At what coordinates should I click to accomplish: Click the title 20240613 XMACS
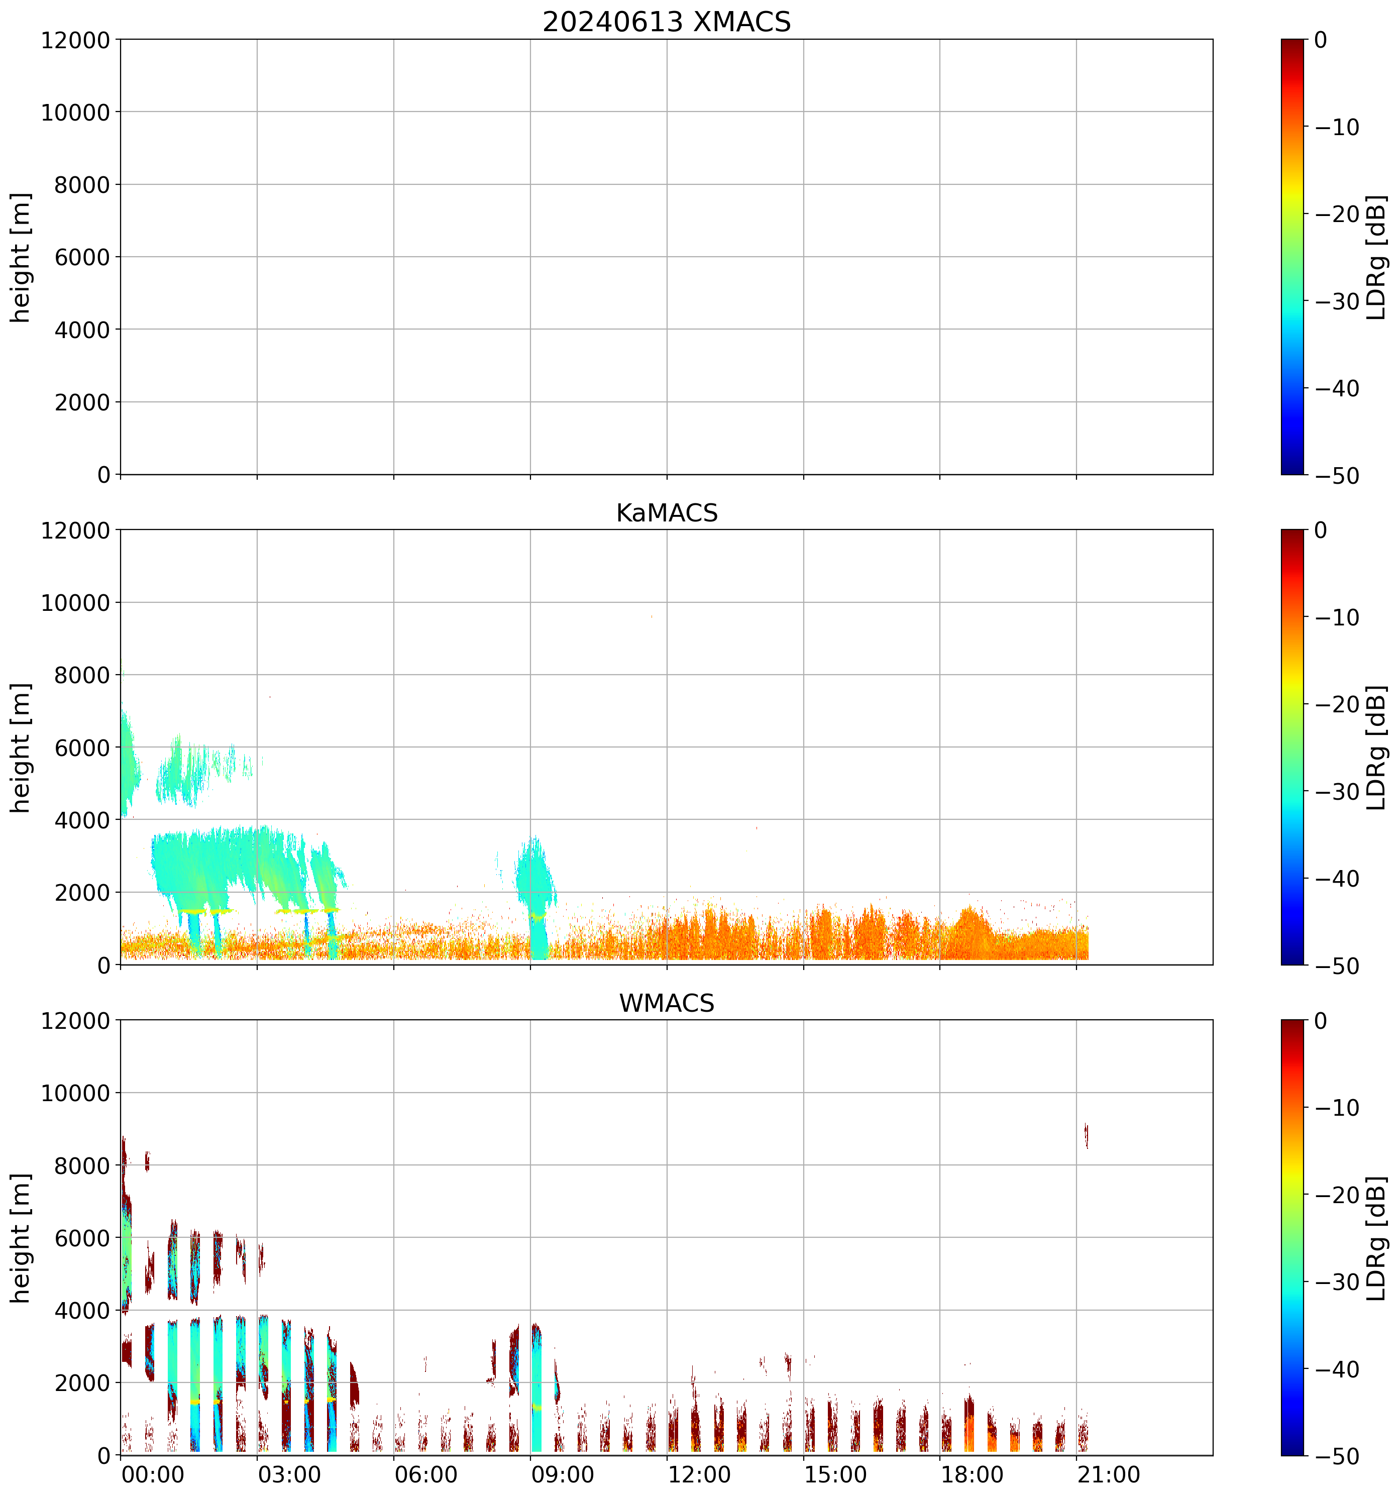[667, 22]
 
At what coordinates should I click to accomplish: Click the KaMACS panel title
[667, 513]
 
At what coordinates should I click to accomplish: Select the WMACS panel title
[667, 1003]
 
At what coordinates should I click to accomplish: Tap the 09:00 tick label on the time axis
[563, 1474]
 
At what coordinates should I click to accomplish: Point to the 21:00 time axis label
[1109, 1474]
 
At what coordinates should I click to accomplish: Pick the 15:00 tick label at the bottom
[835, 1474]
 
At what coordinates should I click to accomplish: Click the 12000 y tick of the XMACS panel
[75, 40]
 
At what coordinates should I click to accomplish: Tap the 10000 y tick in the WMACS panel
[75, 1093]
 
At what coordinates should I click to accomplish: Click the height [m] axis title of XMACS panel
[20, 258]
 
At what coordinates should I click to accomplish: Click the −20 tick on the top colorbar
[1338, 214]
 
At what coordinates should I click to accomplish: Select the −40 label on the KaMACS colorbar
[1338, 879]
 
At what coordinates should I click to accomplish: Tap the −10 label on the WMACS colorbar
[1338, 1108]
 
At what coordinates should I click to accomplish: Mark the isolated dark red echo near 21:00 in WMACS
[1086, 1135]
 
